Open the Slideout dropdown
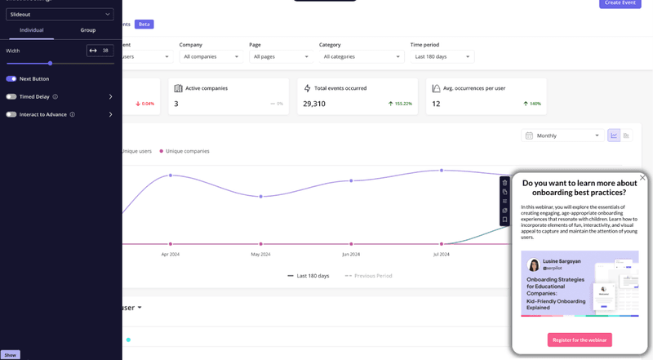click(60, 14)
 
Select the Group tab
click(87, 30)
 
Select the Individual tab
click(31, 30)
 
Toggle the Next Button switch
click(11, 78)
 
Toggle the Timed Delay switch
click(11, 96)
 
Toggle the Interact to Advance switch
click(11, 114)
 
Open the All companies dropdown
click(211, 56)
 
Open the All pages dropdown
click(281, 56)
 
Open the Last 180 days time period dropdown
click(442, 56)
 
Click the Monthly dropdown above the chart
click(563, 136)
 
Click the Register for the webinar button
click(580, 340)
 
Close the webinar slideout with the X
click(642, 177)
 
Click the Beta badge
click(144, 24)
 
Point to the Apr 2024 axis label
click(170, 254)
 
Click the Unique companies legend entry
click(186, 151)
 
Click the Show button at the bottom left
click(10, 355)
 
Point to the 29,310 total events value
click(314, 104)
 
